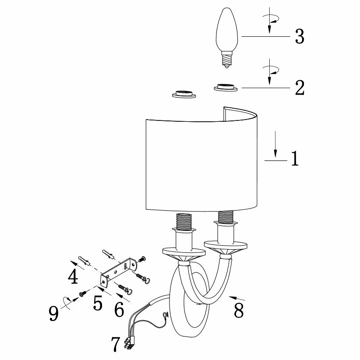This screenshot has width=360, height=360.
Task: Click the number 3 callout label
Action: tap(299, 36)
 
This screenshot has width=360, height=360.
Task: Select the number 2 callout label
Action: tap(299, 88)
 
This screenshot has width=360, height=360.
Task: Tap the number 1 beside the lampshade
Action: tap(295, 159)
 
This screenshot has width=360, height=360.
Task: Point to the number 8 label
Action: tap(239, 310)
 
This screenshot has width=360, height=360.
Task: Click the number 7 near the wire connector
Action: tap(115, 344)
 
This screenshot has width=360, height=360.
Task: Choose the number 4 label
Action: tap(73, 277)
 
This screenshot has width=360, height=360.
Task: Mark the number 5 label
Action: tap(97, 303)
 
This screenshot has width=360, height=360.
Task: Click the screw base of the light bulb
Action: tap(226, 60)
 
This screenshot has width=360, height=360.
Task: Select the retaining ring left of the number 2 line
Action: tap(226, 88)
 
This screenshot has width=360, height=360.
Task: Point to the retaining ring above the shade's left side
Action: tap(183, 94)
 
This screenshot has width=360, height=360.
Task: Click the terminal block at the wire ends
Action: tap(129, 345)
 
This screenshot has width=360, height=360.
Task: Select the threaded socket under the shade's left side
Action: tap(184, 221)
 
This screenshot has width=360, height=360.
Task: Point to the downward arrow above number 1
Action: tap(275, 145)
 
